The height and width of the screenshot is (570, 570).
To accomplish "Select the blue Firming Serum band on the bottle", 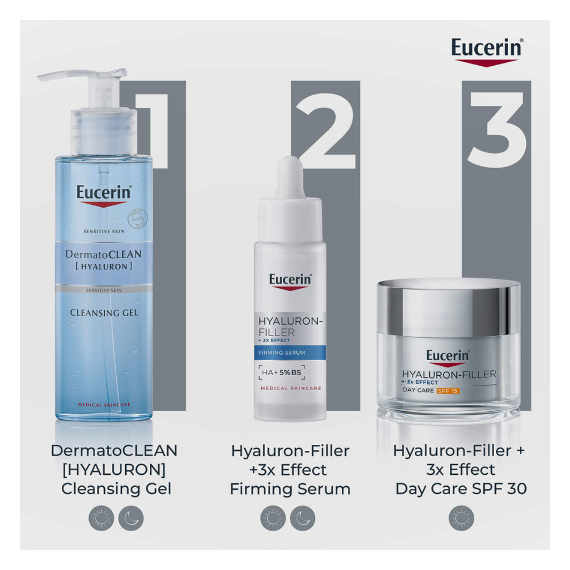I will point(290,352).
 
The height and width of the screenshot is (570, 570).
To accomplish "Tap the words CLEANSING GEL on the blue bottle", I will point(104,313).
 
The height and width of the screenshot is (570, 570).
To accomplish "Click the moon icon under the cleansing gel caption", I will point(131,519).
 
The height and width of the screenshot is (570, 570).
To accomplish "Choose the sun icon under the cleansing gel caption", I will point(101,519).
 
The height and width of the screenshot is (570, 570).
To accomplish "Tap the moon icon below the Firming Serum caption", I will point(303,519).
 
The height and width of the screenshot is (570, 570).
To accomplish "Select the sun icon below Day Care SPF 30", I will point(461,519).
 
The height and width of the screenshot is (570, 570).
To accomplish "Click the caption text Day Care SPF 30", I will point(461,489).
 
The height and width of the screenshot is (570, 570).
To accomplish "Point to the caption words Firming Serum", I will point(290,489).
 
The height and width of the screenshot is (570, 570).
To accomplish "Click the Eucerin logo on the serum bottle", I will point(290,280).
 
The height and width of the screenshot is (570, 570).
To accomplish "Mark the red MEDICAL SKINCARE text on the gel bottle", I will point(104,404).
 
